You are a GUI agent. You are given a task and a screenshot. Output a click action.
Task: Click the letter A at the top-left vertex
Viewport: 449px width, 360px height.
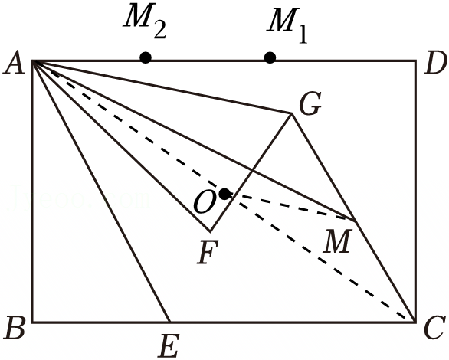14,63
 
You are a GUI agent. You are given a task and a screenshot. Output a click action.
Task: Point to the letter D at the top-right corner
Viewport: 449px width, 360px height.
436,63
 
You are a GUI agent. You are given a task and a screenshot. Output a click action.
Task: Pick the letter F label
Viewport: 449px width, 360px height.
208,252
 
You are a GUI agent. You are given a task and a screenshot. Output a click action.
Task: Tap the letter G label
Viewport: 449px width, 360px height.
310,103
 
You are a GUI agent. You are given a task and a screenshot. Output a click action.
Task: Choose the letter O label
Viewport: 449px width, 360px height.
205,202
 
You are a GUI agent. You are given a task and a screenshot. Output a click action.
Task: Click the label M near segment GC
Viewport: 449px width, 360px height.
337,241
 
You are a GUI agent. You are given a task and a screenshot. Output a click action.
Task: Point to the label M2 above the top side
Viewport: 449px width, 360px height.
144,21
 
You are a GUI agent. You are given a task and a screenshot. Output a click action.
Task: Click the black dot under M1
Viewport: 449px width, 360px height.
270,57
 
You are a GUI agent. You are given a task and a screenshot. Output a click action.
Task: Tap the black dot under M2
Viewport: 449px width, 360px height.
146,57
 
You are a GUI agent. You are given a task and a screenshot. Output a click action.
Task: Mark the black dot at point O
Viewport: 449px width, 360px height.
224,195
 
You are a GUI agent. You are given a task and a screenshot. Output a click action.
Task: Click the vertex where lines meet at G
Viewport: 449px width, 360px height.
291,114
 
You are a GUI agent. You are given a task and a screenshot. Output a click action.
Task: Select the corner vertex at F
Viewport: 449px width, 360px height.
210,231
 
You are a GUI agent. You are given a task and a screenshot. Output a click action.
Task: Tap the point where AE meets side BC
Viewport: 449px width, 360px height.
170,322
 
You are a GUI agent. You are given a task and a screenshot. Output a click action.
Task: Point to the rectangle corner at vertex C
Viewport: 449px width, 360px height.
415,322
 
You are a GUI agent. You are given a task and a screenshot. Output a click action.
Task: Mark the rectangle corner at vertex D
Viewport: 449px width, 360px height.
415,61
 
